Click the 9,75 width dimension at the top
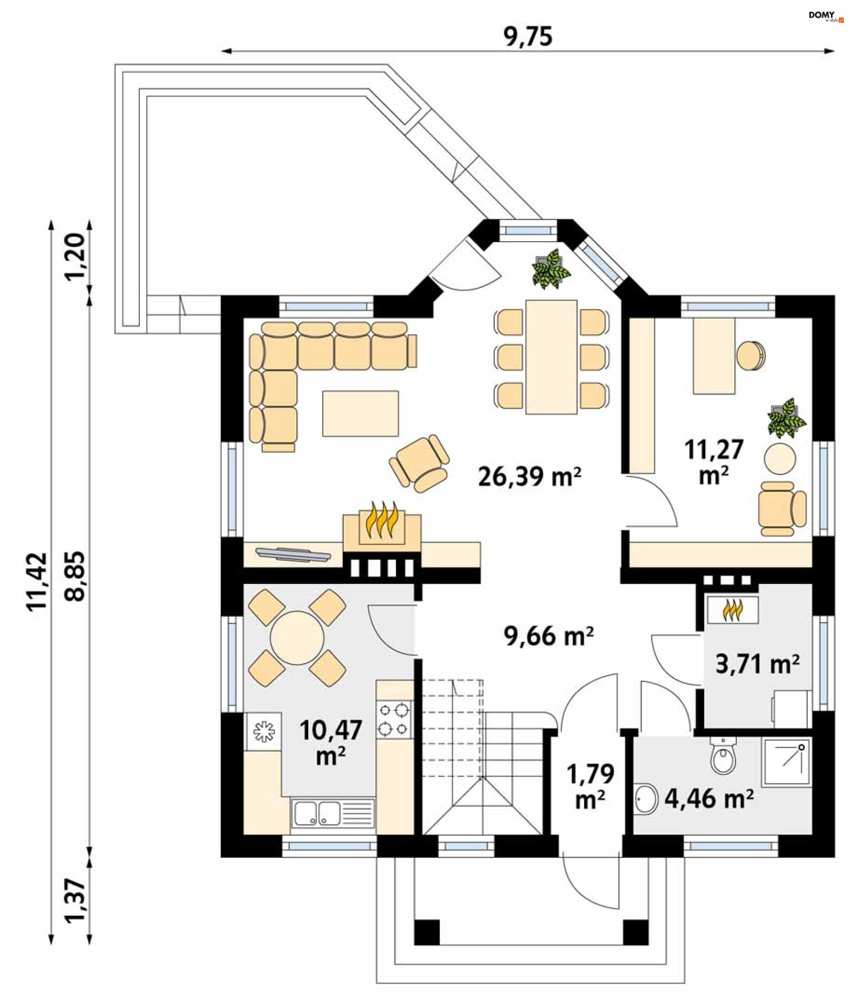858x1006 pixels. click(527, 36)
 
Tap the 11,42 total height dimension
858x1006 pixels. click(37, 581)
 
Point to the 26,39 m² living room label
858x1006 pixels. click(529, 476)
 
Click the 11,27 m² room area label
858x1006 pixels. click(713, 462)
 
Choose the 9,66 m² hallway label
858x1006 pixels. click(548, 636)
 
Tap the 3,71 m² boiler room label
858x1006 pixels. click(757, 664)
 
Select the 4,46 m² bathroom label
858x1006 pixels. click(708, 798)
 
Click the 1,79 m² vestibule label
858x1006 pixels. click(590, 786)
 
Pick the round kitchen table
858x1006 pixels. click(297, 637)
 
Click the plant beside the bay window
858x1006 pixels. click(551, 269)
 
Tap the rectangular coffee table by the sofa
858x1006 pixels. click(360, 413)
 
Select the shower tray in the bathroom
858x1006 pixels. click(786, 761)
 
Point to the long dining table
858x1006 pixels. click(551, 357)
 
